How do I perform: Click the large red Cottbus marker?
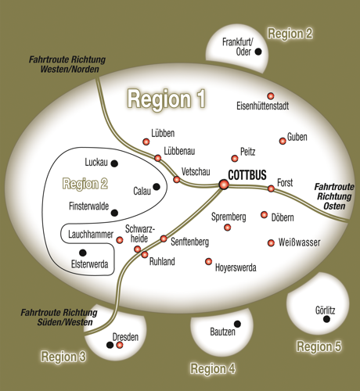pos(224,185)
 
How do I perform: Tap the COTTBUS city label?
pos(247,175)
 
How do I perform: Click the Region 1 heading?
pos(167,99)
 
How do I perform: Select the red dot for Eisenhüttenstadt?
pos(271,96)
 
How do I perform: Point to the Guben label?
pos(297,137)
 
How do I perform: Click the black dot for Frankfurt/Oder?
pos(258,52)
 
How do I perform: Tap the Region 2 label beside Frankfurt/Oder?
pos(290,34)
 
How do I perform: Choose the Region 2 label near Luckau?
pos(85,184)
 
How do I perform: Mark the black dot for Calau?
pos(157,187)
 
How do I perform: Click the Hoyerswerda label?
pos(236,267)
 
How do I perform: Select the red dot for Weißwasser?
pos(271,243)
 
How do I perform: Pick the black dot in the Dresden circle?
pos(110,345)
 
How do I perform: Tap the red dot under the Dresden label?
pos(120,345)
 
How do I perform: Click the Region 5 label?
pos(319,346)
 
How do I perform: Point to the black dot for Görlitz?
pos(326,319)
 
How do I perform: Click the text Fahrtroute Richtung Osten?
pos(334,196)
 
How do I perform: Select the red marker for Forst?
pos(271,188)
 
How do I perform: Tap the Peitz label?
pos(247,152)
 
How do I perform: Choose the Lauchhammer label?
pos(91,235)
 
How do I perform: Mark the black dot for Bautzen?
pos(237,324)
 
